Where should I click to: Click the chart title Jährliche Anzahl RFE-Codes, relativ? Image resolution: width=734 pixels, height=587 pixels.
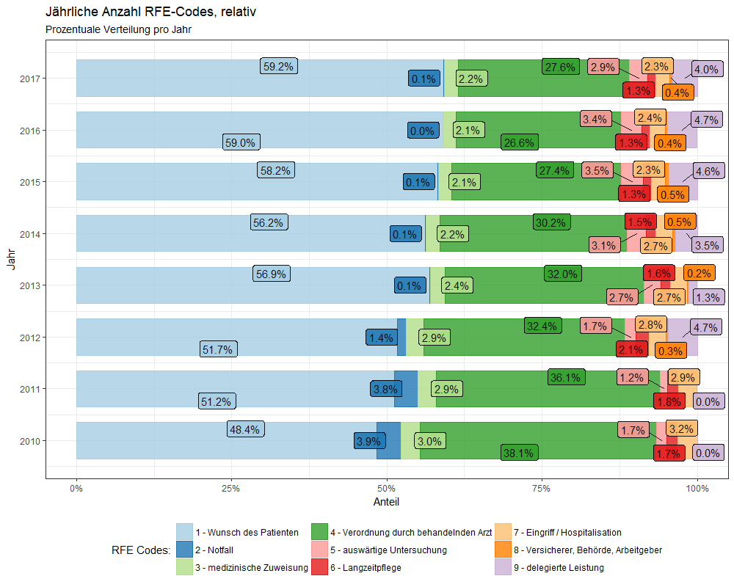(x=150, y=12)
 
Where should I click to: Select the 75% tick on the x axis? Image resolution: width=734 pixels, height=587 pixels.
(x=542, y=488)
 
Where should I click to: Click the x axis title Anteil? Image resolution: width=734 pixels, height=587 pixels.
(x=387, y=501)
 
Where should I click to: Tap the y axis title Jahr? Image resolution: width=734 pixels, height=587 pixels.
(x=10, y=260)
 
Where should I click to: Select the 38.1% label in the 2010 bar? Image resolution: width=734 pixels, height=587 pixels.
(x=519, y=453)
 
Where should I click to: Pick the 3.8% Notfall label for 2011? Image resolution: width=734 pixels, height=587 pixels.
(x=385, y=390)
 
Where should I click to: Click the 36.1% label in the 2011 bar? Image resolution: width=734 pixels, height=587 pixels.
(x=565, y=378)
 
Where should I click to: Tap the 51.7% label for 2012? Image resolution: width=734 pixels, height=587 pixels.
(x=217, y=349)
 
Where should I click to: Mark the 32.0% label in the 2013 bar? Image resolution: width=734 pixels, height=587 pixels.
(x=562, y=274)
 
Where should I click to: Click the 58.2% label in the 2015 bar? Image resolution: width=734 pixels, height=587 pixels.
(x=275, y=170)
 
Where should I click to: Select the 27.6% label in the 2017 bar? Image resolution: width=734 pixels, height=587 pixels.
(x=560, y=67)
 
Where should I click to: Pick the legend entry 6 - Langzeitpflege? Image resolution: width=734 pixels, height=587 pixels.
(x=364, y=567)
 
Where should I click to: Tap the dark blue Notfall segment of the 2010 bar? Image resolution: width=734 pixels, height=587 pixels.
(x=388, y=440)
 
